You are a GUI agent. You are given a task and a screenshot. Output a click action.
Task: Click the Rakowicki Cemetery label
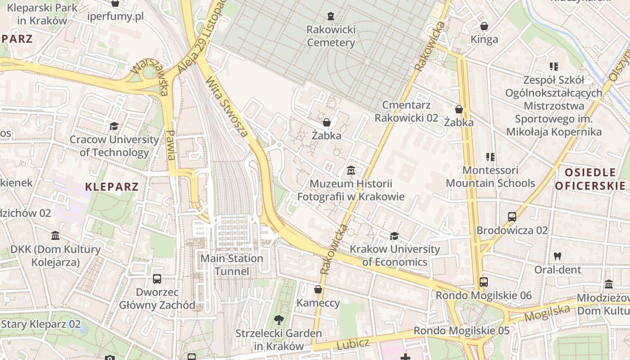331,36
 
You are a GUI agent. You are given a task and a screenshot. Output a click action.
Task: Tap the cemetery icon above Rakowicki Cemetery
331,16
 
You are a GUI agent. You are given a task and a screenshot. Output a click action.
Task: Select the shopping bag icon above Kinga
484,27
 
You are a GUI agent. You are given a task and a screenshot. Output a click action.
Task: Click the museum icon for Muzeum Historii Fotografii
351,171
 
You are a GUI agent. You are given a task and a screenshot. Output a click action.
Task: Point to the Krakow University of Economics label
395,255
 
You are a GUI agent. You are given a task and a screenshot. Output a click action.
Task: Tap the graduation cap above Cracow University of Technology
114,126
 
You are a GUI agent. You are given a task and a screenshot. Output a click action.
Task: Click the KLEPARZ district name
112,187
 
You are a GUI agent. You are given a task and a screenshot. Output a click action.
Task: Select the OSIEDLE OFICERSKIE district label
590,179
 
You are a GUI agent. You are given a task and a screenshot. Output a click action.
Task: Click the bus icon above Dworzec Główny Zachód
157,279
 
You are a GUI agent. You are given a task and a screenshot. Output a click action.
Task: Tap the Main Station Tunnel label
232,265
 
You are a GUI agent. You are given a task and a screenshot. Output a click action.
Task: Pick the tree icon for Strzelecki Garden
279,320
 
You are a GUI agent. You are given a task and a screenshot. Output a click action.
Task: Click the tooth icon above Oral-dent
558,256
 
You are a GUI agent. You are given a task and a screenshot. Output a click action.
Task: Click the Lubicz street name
353,344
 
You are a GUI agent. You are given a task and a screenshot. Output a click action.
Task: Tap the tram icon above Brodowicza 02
512,217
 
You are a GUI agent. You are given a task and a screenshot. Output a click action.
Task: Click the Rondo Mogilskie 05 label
461,331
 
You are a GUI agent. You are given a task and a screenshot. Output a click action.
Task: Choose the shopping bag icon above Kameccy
318,289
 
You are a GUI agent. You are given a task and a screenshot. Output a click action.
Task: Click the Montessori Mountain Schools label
490,177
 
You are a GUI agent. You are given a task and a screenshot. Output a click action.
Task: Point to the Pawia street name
171,145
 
